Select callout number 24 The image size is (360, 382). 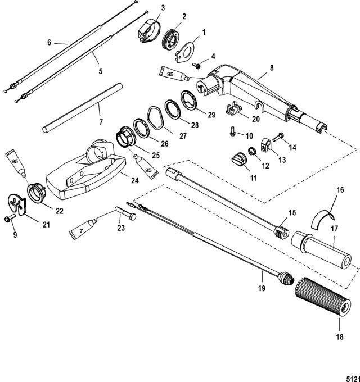(x=135, y=180)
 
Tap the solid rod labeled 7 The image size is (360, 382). (x=83, y=108)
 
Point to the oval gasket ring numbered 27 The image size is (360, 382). (x=156, y=119)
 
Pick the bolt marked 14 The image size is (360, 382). (x=277, y=137)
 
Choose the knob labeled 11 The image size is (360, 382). (x=238, y=160)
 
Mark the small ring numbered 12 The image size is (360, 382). (x=252, y=151)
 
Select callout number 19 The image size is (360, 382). (x=262, y=288)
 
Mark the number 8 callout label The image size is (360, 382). (x=272, y=67)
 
